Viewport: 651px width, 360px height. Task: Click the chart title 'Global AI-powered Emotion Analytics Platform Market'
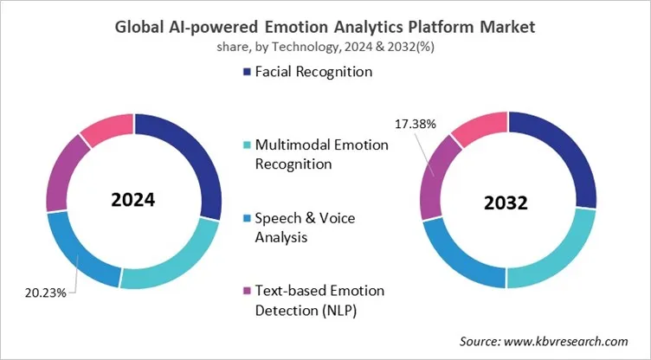pyautogui.click(x=325, y=27)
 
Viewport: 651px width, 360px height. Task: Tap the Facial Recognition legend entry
pyautogui.click(x=306, y=72)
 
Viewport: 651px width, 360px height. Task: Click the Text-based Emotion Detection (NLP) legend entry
pyautogui.click(x=311, y=300)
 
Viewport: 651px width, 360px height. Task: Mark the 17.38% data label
pyautogui.click(x=416, y=125)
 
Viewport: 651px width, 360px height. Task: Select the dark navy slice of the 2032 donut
pyautogui.click(x=558, y=160)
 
